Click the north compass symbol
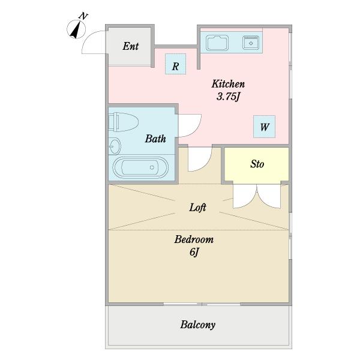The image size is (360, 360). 76,29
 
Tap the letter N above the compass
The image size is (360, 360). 83,16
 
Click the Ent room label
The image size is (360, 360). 131,46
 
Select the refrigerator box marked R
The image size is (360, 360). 176,64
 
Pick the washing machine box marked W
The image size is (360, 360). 264,127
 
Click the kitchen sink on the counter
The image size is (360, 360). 217,43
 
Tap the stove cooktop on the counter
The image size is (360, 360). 251,43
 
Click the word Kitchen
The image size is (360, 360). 228,84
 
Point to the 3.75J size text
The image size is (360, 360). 228,97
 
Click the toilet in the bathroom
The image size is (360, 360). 123,122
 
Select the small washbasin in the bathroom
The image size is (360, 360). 115,146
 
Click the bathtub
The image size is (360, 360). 140,167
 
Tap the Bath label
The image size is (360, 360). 155,139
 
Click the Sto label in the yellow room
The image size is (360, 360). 257,164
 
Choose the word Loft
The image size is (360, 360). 197,208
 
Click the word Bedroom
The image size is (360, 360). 194,239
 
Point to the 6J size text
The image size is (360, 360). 194,253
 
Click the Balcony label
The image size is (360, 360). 197,325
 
